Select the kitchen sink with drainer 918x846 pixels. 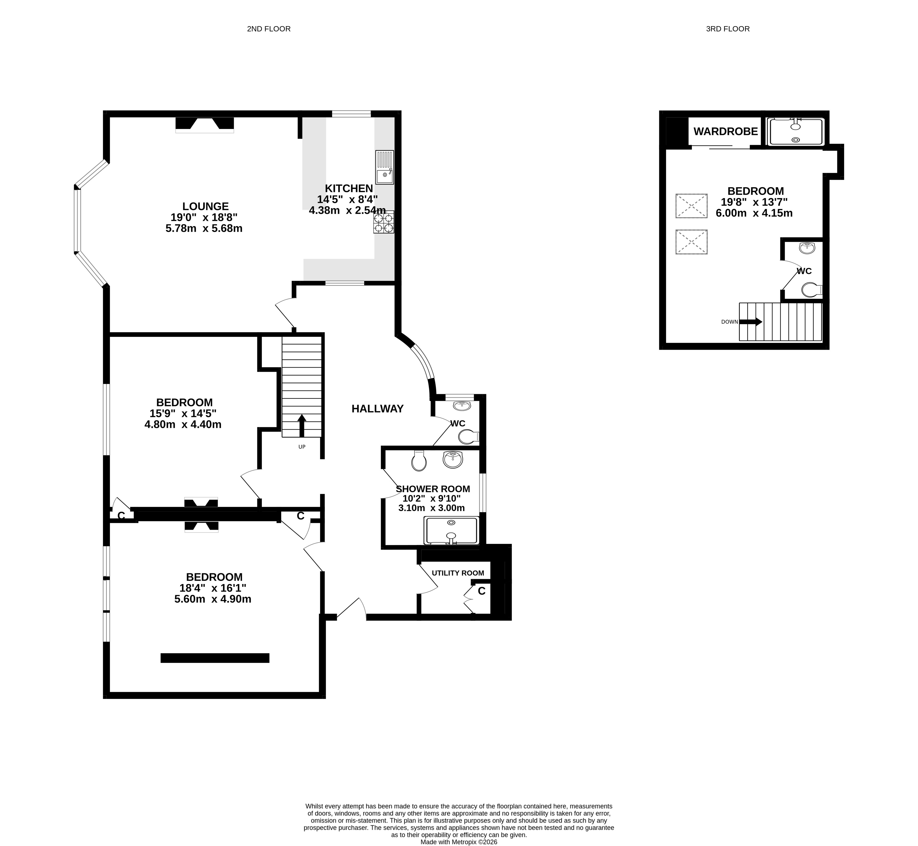384,167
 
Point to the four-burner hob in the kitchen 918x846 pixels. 384,222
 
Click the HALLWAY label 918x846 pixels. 377,409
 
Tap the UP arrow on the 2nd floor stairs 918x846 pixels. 302,426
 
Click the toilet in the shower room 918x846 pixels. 419,461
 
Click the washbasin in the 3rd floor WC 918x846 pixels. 807,248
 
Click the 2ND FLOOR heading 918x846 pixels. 269,29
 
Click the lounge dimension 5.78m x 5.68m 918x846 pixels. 204,228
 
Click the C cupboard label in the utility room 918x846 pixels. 481,591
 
